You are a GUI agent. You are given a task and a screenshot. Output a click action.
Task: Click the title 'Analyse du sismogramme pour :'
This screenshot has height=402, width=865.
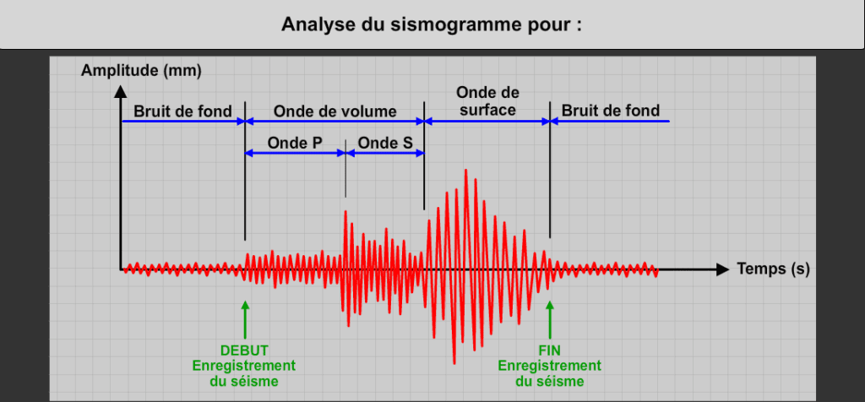tap(432, 24)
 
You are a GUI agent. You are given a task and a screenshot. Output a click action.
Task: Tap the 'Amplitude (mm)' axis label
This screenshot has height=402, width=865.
tap(141, 70)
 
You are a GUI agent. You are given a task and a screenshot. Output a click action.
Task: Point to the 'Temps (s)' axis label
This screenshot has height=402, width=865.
tap(773, 269)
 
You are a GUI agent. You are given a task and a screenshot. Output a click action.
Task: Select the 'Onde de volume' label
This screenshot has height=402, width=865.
tap(335, 111)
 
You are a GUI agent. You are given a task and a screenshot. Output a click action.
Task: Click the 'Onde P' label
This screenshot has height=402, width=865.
tap(294, 143)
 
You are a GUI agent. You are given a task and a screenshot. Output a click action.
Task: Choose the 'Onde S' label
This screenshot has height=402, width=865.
tap(384, 143)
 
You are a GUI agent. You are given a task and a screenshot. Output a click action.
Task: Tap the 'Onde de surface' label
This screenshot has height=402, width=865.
tap(487, 100)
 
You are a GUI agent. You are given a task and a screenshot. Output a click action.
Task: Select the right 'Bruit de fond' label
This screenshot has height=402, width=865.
tap(611, 111)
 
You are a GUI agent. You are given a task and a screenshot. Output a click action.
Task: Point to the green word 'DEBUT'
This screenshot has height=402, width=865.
tap(244, 350)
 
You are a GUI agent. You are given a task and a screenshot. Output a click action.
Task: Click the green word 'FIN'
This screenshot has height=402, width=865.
tap(550, 350)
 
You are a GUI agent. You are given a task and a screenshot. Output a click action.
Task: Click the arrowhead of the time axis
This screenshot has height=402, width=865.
tap(721, 269)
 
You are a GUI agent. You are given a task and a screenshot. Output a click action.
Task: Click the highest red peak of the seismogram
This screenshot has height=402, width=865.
tap(465, 171)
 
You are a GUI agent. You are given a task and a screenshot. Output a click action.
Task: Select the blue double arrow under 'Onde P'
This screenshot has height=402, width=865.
tap(295, 153)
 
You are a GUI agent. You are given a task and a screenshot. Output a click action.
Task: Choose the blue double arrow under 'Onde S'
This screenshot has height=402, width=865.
tap(384, 153)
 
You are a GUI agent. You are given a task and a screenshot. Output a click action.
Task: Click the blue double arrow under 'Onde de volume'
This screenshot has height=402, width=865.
tap(335, 122)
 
